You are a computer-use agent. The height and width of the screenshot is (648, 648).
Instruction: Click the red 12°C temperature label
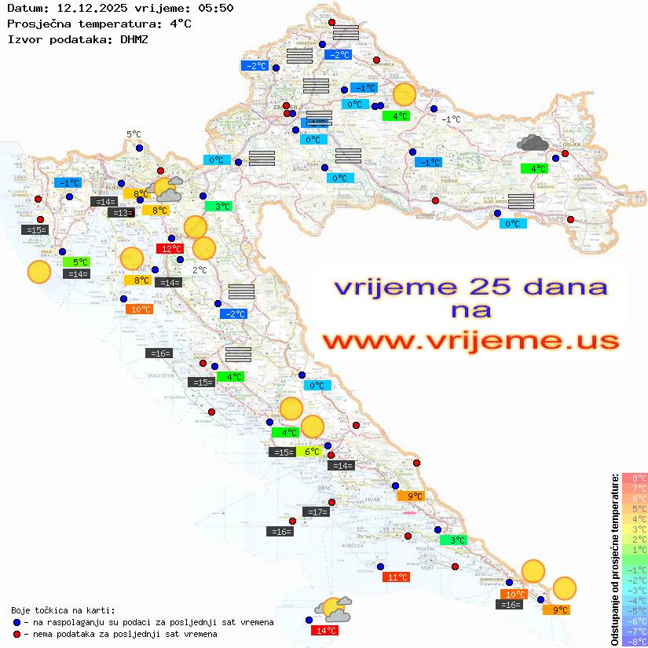point(170,249)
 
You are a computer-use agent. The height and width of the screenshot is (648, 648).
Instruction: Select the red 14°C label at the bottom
point(324,630)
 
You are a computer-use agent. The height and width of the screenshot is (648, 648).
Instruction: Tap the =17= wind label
point(316,512)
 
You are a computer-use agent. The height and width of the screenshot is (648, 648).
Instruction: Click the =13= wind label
point(121,213)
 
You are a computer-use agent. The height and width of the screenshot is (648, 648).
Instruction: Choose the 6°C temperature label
point(312,452)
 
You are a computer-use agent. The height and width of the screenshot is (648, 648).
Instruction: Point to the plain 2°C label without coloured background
point(200,270)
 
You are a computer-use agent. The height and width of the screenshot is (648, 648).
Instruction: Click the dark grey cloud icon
point(533,143)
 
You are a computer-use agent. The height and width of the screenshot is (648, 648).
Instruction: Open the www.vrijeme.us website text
point(470,341)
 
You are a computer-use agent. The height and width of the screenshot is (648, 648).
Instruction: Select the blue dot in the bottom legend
point(17,622)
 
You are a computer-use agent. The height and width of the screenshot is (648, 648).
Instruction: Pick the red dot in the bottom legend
point(17,634)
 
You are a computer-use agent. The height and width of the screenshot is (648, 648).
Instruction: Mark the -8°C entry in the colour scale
point(634,641)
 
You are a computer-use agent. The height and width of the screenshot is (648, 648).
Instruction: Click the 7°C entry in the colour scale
point(634,488)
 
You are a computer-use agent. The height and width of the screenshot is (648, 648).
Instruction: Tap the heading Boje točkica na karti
point(63,610)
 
